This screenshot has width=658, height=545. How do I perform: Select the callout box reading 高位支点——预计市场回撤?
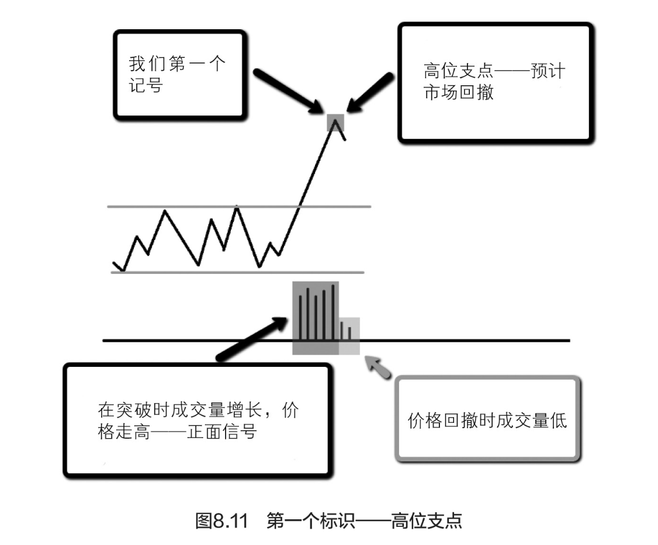tap(496, 82)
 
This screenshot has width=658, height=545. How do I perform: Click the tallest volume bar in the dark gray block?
tap(333, 311)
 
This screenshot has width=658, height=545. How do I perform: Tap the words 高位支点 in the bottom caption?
tap(427, 520)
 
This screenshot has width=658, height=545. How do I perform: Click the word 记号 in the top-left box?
tap(146, 86)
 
